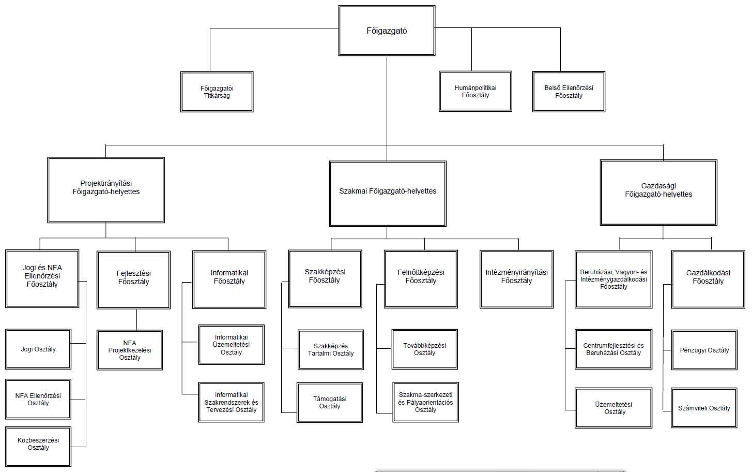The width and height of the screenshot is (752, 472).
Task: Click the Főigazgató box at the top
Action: pyautogui.click(x=387, y=31)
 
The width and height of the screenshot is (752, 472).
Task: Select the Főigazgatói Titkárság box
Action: pyautogui.click(x=217, y=92)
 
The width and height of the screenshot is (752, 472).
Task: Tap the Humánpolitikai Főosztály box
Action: pyautogui.click(x=475, y=91)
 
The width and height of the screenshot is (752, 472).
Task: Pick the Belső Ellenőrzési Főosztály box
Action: pyautogui.click(x=569, y=92)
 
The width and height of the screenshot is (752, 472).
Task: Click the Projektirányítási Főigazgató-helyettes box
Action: pyautogui.click(x=106, y=190)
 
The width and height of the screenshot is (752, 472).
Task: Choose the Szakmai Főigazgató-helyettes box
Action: pyautogui.click(x=388, y=194)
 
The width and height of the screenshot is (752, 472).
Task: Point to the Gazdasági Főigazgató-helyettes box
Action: pyautogui.click(x=658, y=193)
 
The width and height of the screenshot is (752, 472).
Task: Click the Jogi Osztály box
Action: pyautogui.click(x=38, y=349)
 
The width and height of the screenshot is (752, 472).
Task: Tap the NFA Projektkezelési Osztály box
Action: pyautogui.click(x=130, y=350)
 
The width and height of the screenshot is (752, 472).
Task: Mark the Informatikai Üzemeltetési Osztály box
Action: pyautogui.click(x=231, y=345)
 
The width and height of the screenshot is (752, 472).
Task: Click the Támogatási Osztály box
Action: pyautogui.click(x=330, y=403)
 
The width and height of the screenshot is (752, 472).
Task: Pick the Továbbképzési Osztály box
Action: pyautogui.click(x=424, y=349)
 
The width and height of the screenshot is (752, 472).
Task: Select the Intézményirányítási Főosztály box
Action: pyautogui.click(x=516, y=279)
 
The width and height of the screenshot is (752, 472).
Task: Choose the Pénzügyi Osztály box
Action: pyautogui.click(x=704, y=350)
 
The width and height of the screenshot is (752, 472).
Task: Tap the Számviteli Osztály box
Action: pyautogui.click(x=704, y=408)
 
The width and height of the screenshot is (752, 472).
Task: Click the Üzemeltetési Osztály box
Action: pyautogui.click(x=613, y=408)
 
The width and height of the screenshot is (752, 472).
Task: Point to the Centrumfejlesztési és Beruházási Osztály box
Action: pyautogui.click(x=613, y=349)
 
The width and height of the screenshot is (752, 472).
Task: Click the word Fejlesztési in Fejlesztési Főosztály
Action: pyautogui.click(x=133, y=273)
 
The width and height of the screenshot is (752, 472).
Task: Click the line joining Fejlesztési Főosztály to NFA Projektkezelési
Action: pyautogui.click(x=137, y=320)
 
